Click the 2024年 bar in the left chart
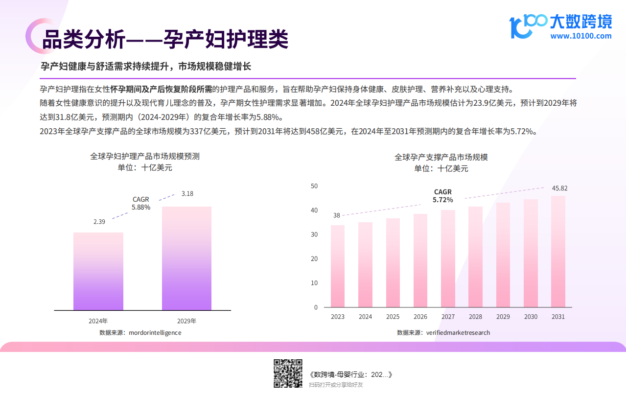point(98,271)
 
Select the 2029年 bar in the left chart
point(186,258)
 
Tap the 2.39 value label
point(99,222)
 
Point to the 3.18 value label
point(187,194)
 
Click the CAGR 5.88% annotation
point(141,203)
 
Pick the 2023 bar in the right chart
point(338,266)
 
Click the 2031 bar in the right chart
point(558,252)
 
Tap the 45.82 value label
point(559,188)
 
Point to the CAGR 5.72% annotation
point(443,196)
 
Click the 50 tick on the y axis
point(314,186)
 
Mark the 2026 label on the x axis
point(420,317)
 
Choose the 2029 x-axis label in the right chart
point(503,317)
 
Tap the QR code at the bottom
point(287,373)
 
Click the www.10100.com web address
point(580,36)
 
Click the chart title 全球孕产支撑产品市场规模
point(441,157)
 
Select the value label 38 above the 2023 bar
point(337,215)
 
